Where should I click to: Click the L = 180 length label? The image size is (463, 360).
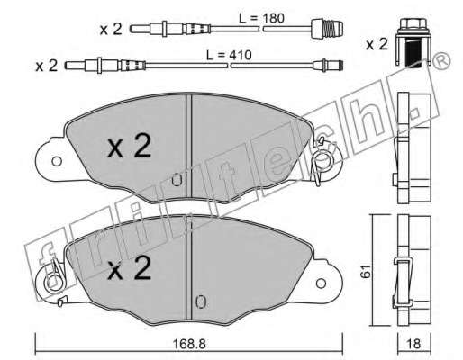point(261,18)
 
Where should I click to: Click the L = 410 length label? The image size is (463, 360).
point(229,55)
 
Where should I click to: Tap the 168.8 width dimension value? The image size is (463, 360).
point(189,344)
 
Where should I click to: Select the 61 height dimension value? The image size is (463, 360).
point(366,272)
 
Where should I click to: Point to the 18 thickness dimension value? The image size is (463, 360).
point(414,344)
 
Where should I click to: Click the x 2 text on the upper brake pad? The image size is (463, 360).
point(130,146)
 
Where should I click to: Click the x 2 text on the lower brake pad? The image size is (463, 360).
point(130,268)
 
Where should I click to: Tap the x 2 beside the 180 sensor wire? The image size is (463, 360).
point(111,30)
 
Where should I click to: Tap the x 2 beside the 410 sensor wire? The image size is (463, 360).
point(46,66)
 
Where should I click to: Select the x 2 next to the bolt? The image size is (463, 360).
point(377,44)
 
